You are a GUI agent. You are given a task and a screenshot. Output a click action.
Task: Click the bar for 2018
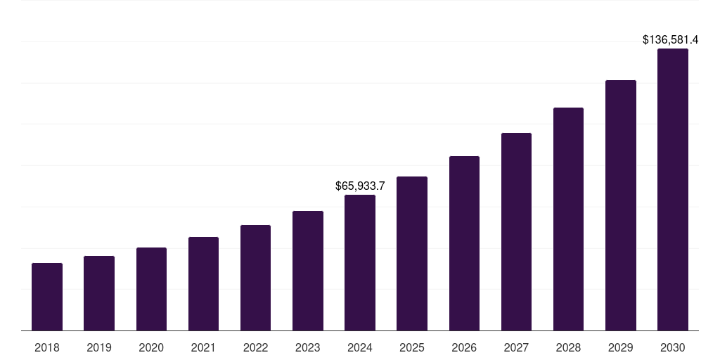tap(47, 297)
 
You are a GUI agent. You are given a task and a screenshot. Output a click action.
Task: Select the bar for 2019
tap(99, 293)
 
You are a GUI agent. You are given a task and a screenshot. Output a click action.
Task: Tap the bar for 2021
tap(203, 284)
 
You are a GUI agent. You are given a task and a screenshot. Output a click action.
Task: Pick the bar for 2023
tap(308, 271)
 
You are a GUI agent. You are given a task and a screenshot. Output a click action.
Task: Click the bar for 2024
tap(360, 263)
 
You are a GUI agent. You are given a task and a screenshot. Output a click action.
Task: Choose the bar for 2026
tap(464, 243)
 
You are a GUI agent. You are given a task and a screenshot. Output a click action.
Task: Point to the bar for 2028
tap(568, 219)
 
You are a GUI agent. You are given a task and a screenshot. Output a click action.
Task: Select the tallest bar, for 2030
tap(672, 190)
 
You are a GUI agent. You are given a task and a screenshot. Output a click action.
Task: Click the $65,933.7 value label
tap(360, 186)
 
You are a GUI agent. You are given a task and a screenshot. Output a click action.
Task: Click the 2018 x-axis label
tap(47, 347)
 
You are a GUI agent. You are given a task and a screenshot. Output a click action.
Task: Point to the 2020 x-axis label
tap(151, 347)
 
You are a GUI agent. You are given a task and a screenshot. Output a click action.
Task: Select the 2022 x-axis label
tap(255, 347)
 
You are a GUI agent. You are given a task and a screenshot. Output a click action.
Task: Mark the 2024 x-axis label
tap(360, 347)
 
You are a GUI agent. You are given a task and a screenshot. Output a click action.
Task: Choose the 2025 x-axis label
tap(412, 347)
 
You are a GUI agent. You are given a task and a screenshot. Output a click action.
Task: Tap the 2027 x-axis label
tap(516, 347)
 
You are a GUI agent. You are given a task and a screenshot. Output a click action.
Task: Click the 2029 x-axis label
tap(620, 347)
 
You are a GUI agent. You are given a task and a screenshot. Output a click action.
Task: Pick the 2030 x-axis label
tap(672, 347)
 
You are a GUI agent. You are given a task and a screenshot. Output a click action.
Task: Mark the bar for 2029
tap(620, 205)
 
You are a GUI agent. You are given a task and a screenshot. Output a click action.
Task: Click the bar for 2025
tap(412, 254)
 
